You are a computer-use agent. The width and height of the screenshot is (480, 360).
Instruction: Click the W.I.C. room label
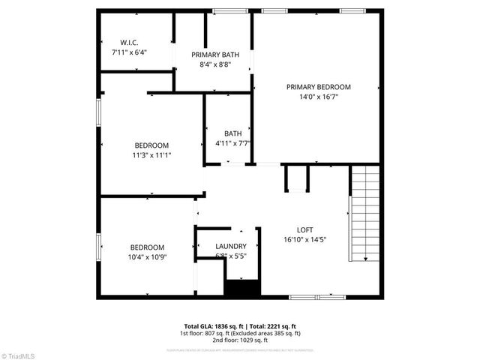pyautogui.click(x=129, y=43)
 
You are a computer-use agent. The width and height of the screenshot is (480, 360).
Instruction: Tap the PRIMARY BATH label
pyautogui.click(x=214, y=55)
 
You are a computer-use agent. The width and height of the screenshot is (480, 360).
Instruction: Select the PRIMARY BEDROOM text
pyautogui.click(x=318, y=87)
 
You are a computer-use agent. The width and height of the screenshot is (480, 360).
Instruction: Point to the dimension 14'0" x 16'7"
pyautogui.click(x=318, y=97)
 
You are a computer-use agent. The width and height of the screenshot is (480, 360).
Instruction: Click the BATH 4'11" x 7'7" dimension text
pyautogui.click(x=232, y=143)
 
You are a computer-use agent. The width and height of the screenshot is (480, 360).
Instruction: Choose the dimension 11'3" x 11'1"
pyautogui.click(x=151, y=155)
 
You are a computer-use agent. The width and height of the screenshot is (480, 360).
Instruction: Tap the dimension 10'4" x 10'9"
pyautogui.click(x=147, y=257)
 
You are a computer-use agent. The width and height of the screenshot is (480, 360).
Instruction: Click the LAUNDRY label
pyautogui.click(x=230, y=246)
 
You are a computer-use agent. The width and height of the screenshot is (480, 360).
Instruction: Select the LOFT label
pyautogui.click(x=304, y=230)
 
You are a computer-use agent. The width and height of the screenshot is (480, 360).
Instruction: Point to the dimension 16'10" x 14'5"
pyautogui.click(x=304, y=240)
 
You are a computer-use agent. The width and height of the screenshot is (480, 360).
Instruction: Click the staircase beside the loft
pyautogui.click(x=366, y=214)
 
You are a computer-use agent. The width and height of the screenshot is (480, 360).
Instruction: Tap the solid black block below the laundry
pyautogui.click(x=241, y=288)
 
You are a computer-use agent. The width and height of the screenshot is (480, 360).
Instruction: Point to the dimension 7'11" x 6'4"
pyautogui.click(x=129, y=52)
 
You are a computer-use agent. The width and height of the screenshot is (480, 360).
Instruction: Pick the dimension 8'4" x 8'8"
pyautogui.click(x=214, y=64)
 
